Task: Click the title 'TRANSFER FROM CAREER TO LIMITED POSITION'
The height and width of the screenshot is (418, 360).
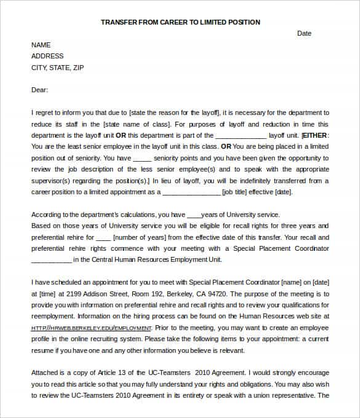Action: click(180, 22)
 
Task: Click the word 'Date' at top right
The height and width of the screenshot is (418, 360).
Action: click(304, 33)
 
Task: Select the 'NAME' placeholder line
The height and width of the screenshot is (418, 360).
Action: click(41, 45)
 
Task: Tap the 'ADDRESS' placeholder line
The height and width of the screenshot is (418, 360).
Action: click(47, 56)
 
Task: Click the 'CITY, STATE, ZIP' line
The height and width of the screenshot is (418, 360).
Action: click(57, 68)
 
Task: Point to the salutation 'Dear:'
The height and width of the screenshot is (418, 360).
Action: click(39, 90)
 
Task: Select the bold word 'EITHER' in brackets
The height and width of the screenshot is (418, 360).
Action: click(316, 135)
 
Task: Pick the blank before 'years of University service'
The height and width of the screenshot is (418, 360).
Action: click(193, 215)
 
